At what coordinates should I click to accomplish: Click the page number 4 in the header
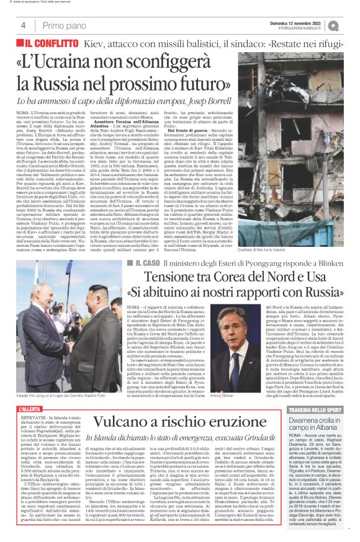coord(22,25)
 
